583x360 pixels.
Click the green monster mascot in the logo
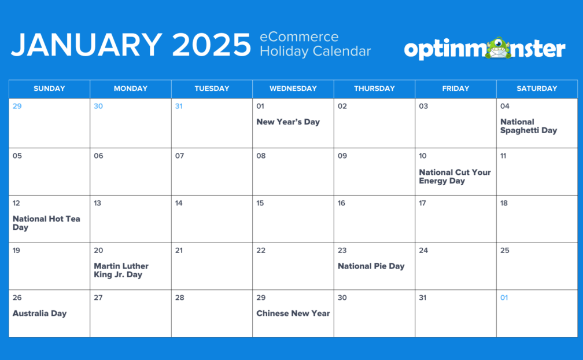click(x=498, y=48)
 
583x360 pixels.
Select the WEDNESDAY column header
click(x=293, y=89)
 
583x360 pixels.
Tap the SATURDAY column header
click(x=537, y=89)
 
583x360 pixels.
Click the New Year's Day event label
click(x=288, y=122)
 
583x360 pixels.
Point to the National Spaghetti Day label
click(x=529, y=126)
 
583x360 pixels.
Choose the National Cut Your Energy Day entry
click(x=455, y=177)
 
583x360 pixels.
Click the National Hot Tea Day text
click(x=46, y=223)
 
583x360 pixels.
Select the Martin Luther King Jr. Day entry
click(x=121, y=270)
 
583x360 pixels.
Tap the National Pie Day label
click(x=371, y=266)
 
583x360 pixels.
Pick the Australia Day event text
click(x=39, y=314)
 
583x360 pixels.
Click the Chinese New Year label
click(x=293, y=314)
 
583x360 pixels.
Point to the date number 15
click(x=260, y=203)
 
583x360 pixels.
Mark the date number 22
click(x=261, y=250)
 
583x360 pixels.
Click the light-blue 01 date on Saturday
click(x=504, y=297)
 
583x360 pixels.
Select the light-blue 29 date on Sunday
click(x=17, y=106)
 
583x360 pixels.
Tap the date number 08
click(x=261, y=156)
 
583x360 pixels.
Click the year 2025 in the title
click(x=212, y=45)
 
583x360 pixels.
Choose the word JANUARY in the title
click(x=87, y=45)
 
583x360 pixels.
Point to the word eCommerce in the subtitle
click(x=299, y=37)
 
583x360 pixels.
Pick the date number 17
click(x=422, y=203)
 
